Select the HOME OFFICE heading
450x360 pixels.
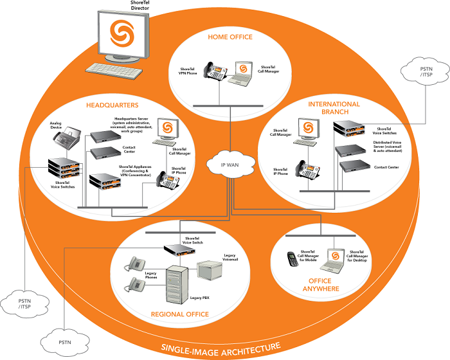(230, 37)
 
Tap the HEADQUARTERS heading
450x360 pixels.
(113, 104)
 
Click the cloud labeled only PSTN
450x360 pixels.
(62, 338)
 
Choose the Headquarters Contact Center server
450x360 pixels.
(105, 153)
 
